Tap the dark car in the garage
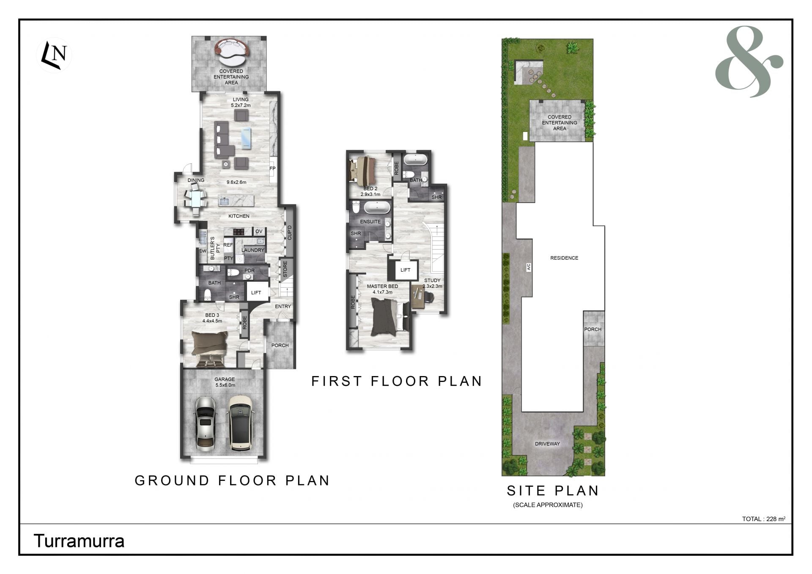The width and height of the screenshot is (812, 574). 240,423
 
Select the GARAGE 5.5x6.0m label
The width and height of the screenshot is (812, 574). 225,382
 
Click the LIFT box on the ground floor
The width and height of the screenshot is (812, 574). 256,292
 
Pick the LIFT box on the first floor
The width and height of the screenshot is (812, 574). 405,270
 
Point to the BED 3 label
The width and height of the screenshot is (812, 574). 212,315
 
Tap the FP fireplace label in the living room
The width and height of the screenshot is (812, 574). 273,168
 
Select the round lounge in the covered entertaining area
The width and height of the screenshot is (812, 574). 232,48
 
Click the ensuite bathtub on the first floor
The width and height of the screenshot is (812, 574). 377,208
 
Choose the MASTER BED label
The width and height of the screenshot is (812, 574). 382,286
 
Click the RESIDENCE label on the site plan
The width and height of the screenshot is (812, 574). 564,258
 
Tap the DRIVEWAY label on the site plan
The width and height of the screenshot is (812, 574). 547,444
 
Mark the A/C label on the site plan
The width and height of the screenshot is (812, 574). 529,267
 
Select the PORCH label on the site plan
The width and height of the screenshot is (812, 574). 593,329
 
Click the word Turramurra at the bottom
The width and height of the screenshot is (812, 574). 79,541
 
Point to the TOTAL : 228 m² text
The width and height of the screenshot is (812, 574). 764,519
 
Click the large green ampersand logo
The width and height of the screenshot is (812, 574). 749,62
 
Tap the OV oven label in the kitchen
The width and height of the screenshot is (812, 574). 259,231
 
